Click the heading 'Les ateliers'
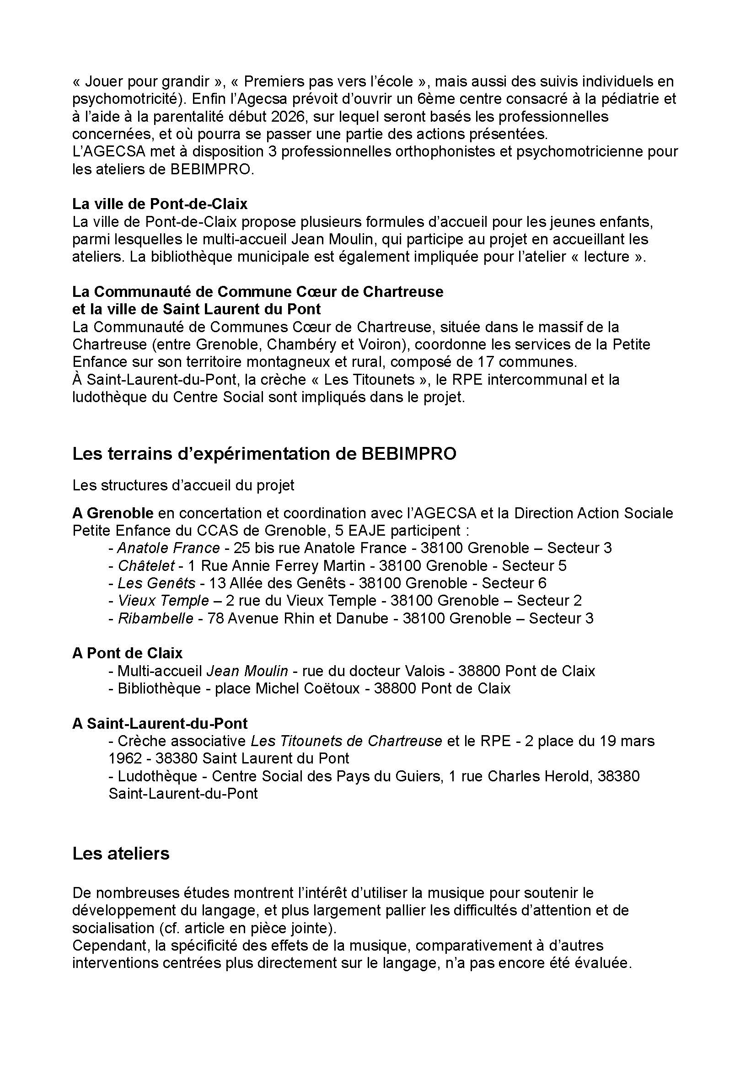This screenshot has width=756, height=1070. [121, 854]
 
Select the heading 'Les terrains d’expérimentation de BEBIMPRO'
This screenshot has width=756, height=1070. [264, 453]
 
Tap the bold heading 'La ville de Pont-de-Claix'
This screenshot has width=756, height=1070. [160, 204]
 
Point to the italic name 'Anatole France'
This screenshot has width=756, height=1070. [169, 548]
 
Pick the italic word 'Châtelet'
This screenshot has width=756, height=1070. [146, 565]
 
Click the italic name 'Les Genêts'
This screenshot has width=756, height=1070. [156, 583]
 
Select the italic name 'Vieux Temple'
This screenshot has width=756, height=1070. [163, 601]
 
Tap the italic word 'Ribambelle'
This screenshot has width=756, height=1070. [155, 618]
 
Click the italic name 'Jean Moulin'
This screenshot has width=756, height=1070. [247, 671]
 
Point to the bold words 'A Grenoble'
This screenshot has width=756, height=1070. [113, 513]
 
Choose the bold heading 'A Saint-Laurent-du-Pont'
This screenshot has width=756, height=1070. [160, 723]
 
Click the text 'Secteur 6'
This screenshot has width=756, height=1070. [514, 583]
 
